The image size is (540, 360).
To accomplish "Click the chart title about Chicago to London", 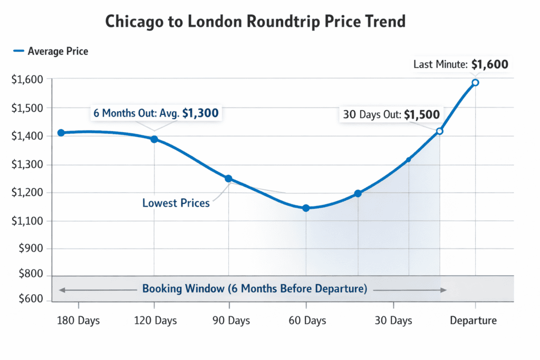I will point(255,22).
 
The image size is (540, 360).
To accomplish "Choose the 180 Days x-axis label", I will point(78,320).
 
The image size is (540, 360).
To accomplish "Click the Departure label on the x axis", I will point(473,320).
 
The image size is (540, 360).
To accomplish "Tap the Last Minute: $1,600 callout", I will point(460,65).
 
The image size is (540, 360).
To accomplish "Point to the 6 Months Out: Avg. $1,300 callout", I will point(156,113).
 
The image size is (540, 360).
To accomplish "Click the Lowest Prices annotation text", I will point(176,203).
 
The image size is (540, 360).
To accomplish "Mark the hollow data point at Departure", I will point(475,83).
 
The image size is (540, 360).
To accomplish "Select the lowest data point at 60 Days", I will point(306,208).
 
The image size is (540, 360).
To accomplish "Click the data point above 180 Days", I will point(61,133).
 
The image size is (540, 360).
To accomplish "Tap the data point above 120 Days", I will point(154,139).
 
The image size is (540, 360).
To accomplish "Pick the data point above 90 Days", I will point(228,179).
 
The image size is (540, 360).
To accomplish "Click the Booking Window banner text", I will point(254,289).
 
